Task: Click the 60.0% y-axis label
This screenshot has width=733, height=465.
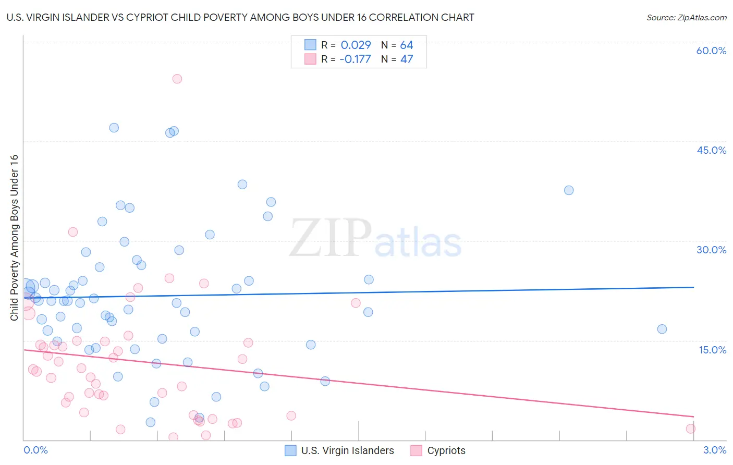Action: click(x=711, y=51)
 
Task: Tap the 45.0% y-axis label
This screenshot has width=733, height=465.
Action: click(x=711, y=150)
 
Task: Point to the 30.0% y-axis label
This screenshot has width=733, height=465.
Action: click(x=711, y=250)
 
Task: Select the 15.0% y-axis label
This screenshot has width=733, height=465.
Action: click(x=712, y=350)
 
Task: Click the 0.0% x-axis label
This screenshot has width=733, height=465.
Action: click(x=35, y=450)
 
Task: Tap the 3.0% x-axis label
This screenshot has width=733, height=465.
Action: click(x=715, y=450)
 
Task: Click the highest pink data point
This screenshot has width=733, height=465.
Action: click(x=177, y=79)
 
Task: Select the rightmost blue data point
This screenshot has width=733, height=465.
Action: click(x=662, y=329)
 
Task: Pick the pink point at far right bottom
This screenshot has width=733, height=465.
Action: click(x=691, y=429)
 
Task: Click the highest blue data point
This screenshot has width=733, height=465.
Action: click(x=114, y=128)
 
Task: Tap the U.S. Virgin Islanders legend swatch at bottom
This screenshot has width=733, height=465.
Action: click(x=290, y=450)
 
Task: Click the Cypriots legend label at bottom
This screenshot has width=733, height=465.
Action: click(x=446, y=450)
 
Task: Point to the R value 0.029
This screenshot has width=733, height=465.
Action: click(x=356, y=45)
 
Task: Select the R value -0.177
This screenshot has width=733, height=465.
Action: click(x=355, y=59)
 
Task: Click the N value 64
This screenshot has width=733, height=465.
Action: click(x=407, y=45)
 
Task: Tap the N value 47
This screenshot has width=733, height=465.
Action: click(x=407, y=59)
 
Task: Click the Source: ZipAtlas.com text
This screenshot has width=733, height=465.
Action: click(x=686, y=18)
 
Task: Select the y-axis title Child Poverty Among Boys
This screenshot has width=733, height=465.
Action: click(x=14, y=238)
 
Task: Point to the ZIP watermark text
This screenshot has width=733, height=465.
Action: click(x=331, y=239)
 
